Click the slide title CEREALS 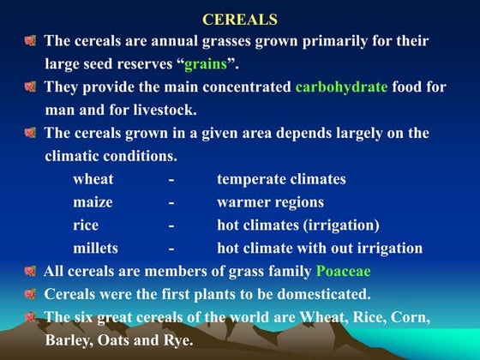(239, 19)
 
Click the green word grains (207, 64)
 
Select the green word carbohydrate (342, 87)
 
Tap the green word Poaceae (345, 272)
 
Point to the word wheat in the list (93, 179)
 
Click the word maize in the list (91, 202)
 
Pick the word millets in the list (96, 249)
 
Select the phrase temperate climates (281, 179)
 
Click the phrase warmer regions (270, 202)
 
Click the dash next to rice (171, 225)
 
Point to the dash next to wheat (171, 179)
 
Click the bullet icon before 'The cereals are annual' (30, 41)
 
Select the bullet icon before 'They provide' (30, 87)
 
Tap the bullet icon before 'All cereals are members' (30, 272)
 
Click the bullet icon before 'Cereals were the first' (30, 295)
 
